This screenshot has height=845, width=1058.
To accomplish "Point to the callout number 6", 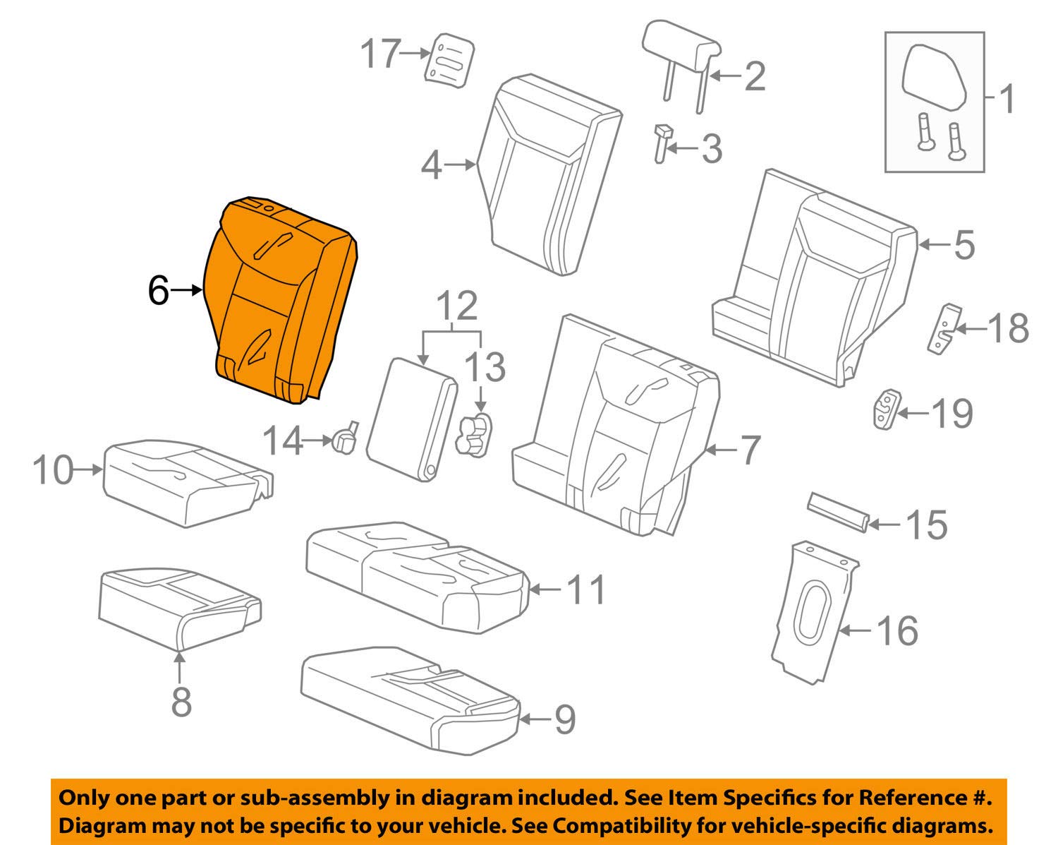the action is coord(159,289).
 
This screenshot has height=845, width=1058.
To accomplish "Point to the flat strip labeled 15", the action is coord(837,510).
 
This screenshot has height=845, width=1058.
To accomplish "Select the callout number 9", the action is coord(565,719).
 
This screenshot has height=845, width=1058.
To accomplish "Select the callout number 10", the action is coord(54,469).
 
